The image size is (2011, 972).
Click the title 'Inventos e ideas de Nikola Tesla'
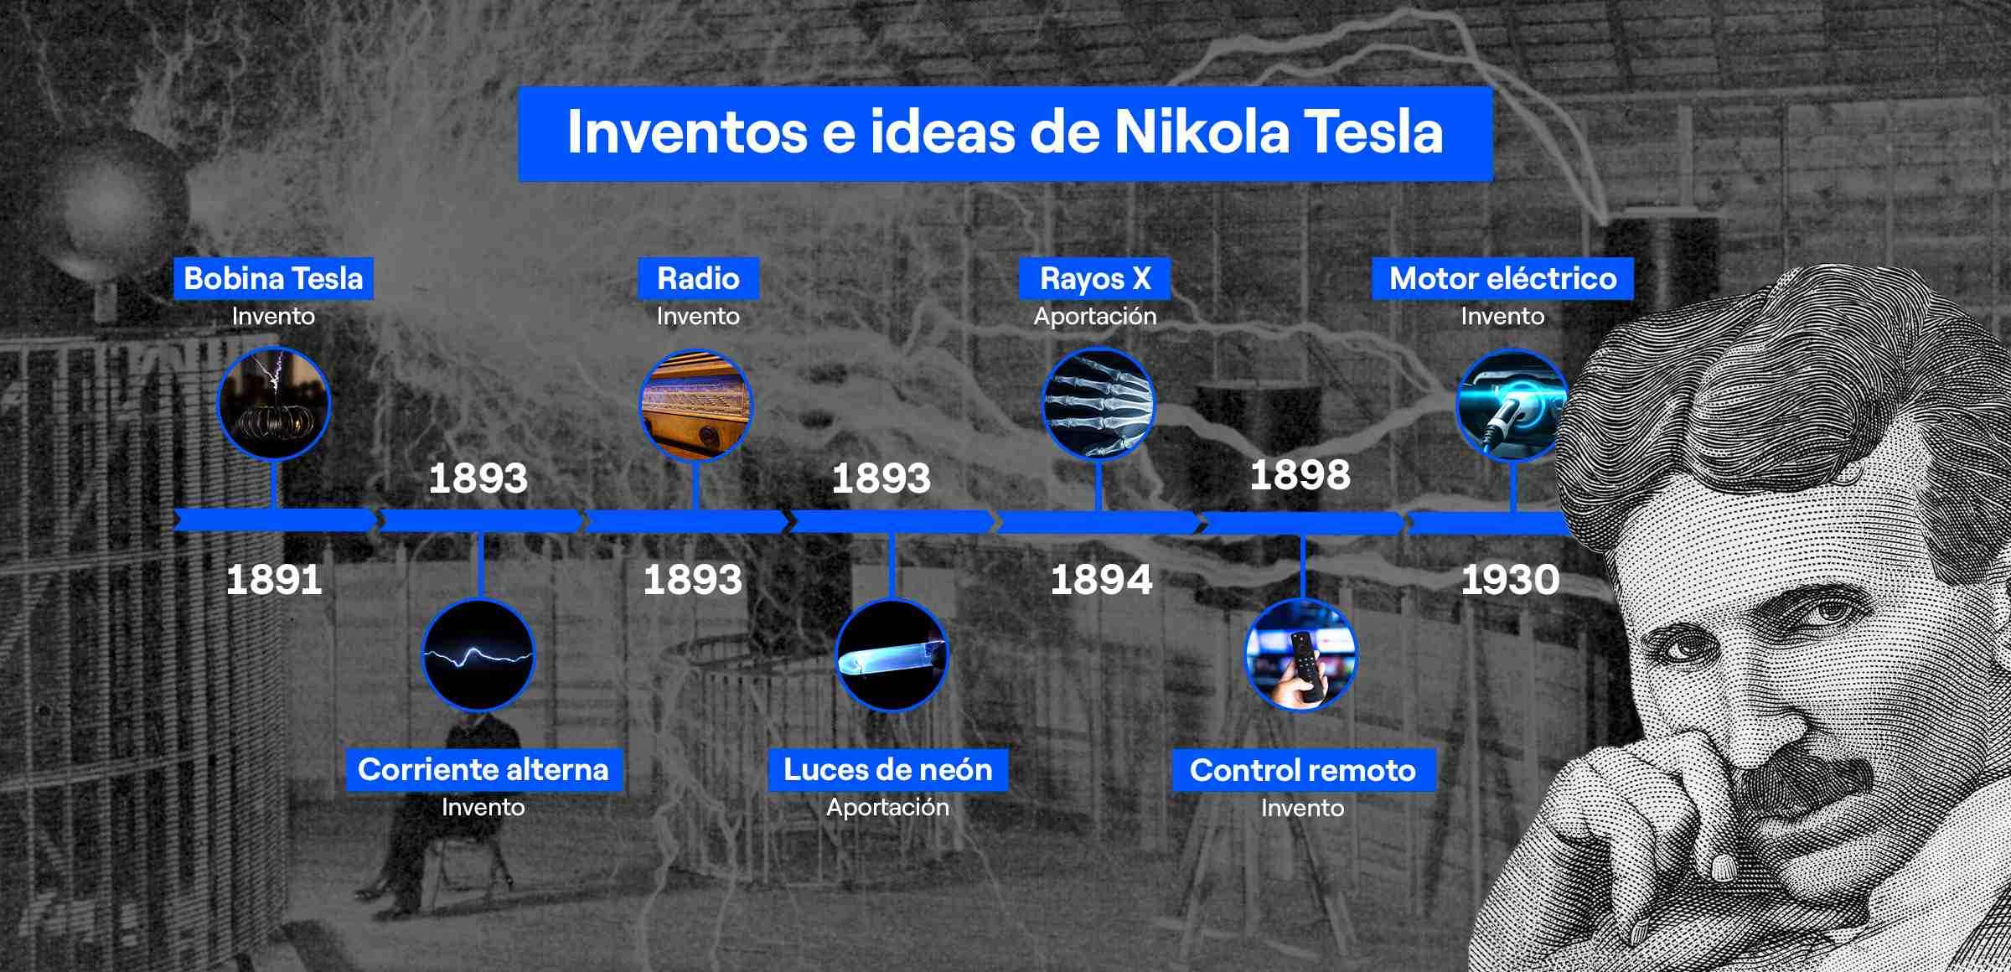click(x=1005, y=132)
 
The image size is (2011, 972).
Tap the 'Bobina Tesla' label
click(x=273, y=278)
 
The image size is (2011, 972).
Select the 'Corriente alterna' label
click(x=483, y=769)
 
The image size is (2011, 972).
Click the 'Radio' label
click(x=698, y=278)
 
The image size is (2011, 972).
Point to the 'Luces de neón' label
click(x=887, y=769)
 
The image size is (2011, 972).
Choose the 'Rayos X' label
click(x=1094, y=278)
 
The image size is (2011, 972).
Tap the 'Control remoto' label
click(x=1302, y=770)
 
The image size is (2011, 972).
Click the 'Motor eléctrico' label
click(x=1502, y=278)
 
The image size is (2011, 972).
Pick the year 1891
click(x=274, y=580)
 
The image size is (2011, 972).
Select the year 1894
click(x=1101, y=580)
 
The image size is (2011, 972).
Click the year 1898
click(x=1300, y=475)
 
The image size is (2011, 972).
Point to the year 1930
click(x=1510, y=580)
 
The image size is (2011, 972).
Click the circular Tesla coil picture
click(x=274, y=404)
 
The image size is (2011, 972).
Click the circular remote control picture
click(x=1301, y=654)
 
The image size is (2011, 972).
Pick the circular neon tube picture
click(x=892, y=655)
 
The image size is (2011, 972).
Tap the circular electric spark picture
click(x=478, y=655)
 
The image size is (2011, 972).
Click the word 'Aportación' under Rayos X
click(x=1094, y=316)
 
